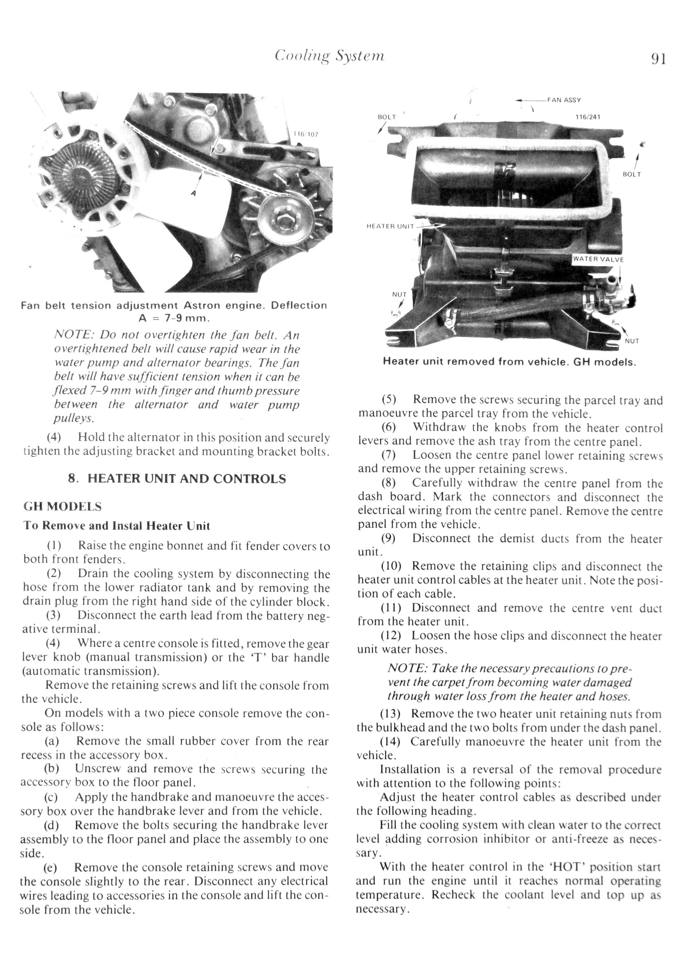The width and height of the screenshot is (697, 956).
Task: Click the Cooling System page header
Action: point(329,56)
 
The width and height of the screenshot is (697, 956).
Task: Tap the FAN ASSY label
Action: point(564,100)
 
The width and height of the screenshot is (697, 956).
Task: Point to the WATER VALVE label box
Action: point(598,259)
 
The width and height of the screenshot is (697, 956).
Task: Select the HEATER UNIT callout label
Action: point(390,226)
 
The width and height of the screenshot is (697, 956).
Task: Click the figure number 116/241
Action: point(587,117)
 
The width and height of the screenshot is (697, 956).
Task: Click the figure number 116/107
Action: point(305,134)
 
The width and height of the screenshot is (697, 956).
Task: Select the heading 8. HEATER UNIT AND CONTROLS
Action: point(177,479)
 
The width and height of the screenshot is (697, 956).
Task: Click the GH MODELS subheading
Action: point(62,506)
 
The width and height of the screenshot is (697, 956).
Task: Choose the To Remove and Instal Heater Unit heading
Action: point(117,526)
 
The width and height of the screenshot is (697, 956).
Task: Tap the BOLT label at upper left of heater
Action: point(387,117)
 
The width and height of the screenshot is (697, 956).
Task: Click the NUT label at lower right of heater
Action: point(632,341)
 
